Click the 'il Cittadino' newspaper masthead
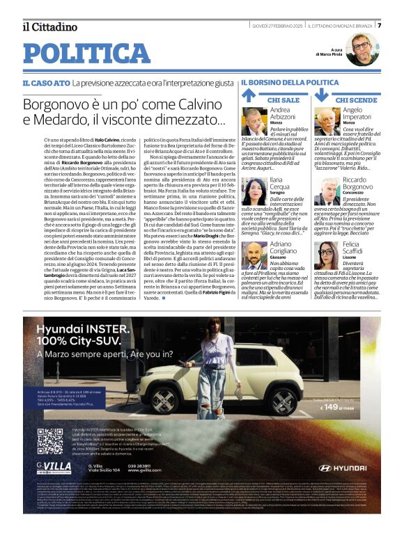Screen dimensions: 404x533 coord(49,27)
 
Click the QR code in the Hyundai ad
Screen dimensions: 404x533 coord(50,440)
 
